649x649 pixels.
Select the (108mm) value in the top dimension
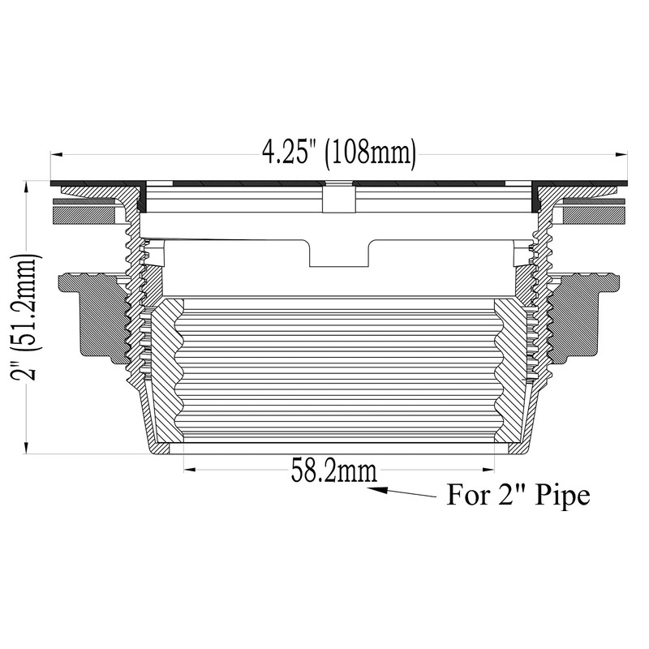point(370,153)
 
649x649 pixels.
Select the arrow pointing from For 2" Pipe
point(406,492)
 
